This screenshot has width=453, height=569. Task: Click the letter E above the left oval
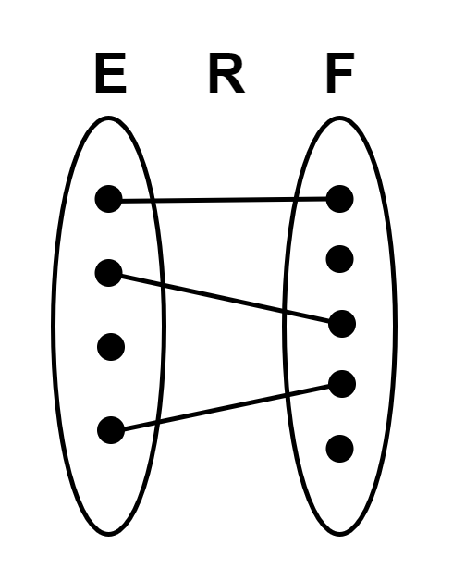pos(111,72)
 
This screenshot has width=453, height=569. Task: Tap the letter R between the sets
pos(226,72)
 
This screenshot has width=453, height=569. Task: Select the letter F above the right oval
pos(340,72)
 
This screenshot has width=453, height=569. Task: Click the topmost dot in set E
pos(109,199)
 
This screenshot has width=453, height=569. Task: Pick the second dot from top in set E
pos(109,273)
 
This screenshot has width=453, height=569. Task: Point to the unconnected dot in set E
pos(111,347)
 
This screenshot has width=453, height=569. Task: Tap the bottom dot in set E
pos(111,430)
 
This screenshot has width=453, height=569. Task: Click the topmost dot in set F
pos(340,199)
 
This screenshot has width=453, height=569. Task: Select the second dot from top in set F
pos(340,259)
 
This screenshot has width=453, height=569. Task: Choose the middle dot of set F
pos(342,324)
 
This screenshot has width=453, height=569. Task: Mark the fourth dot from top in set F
pos(342,384)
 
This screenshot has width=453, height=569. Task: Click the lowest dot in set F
pos(340,449)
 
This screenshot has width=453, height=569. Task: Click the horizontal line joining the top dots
pos(224,199)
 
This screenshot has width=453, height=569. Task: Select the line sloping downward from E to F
pos(226,298)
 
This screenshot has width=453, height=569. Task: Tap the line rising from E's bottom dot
pos(226,407)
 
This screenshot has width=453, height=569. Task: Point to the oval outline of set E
pos(54,326)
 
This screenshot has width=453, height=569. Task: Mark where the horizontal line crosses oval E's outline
pos(153,200)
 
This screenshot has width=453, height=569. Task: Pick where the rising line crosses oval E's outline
pos(156,422)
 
